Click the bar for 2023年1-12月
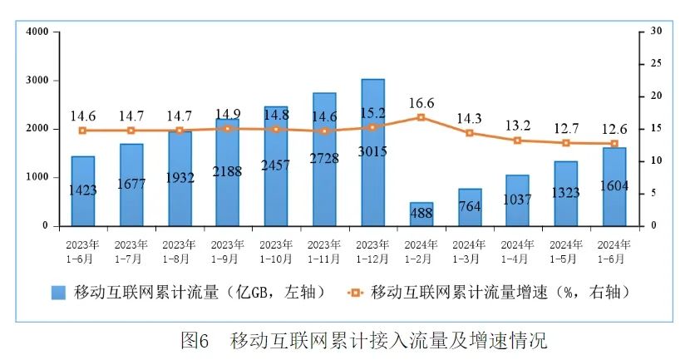coord(373,152)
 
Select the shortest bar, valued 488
coord(421,215)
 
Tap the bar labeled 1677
coord(131,185)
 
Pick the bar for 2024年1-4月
coord(517,200)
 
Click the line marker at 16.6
coord(421,117)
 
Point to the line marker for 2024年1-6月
coord(614,144)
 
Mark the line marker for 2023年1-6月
coord(82,131)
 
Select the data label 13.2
coord(517,126)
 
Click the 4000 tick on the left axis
coord(37,32)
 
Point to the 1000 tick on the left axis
coord(37,177)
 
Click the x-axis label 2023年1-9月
coord(228,250)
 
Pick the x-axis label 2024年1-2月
coord(421,250)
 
